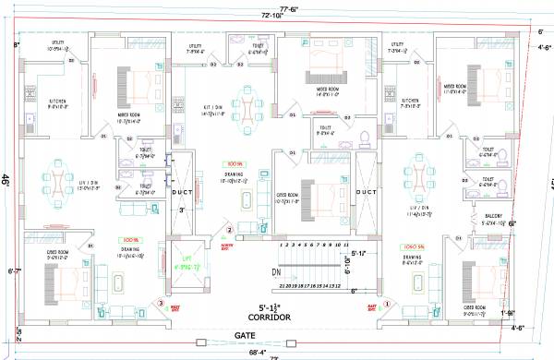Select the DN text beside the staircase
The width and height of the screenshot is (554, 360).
(x=276, y=272)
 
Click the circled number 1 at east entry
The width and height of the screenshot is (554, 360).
(x=387, y=304)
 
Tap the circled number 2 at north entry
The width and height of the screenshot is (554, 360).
(x=230, y=230)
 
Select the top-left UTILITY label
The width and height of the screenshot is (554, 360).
(x=56, y=42)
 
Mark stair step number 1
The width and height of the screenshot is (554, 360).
(x=280, y=245)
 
